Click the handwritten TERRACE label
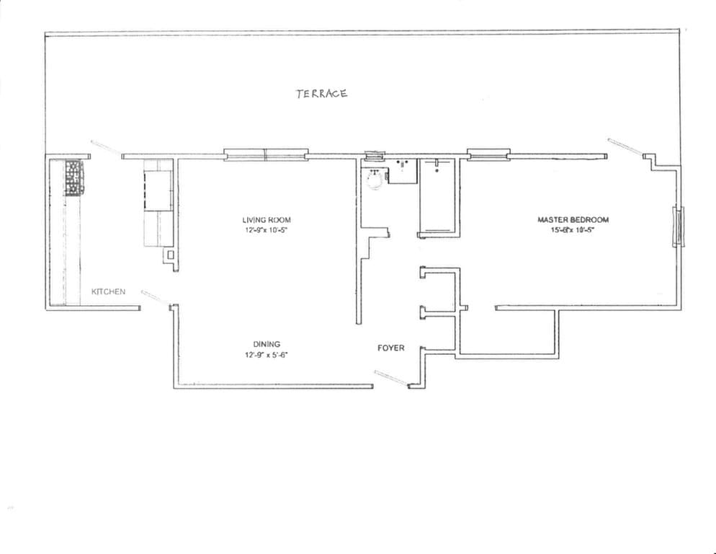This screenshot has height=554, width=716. (321, 93)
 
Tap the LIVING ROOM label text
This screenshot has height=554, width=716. (267, 220)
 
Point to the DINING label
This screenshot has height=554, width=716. (267, 344)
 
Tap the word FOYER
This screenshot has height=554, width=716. (391, 348)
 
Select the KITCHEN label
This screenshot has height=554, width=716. (108, 291)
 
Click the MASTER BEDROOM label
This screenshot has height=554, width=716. (573, 220)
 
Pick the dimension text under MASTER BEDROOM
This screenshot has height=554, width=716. (573, 231)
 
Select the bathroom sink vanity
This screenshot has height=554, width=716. (403, 171)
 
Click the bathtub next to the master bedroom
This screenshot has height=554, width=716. (437, 196)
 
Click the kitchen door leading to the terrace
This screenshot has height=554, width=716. (107, 148)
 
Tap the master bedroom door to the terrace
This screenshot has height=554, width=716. (624, 146)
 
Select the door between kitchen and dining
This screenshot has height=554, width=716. (155, 296)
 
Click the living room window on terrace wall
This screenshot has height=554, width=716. (266, 154)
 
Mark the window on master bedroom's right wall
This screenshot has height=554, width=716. (677, 227)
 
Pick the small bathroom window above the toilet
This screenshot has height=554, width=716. (375, 154)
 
